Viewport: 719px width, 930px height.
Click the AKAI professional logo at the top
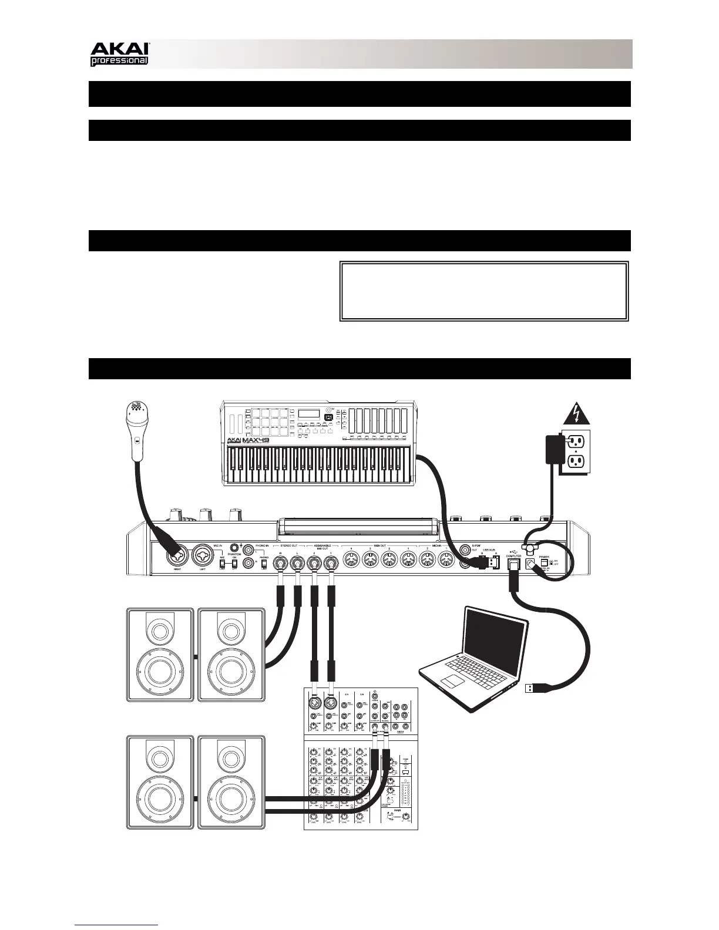[120, 54]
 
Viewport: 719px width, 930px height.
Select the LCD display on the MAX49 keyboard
[308, 414]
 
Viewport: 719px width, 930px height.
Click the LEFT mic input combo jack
[203, 553]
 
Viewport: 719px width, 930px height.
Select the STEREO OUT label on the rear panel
[288, 545]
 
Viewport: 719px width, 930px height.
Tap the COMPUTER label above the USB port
[513, 556]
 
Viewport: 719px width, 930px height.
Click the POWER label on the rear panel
[544, 556]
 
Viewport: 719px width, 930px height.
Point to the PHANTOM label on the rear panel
[235, 554]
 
